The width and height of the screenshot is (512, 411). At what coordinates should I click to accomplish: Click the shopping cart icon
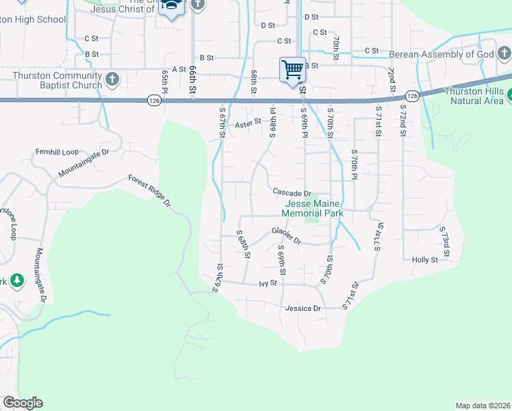coord(292,69)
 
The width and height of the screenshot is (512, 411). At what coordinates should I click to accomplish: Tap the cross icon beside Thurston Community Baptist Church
coord(113,80)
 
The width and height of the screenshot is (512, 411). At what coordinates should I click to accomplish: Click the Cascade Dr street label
coord(292,193)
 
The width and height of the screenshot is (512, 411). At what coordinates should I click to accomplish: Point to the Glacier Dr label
coord(286,235)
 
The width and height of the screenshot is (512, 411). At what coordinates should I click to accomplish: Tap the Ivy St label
coord(268,283)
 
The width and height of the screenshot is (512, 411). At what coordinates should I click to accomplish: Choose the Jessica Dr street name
coord(303,308)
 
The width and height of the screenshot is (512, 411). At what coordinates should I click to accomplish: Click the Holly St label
coord(425,260)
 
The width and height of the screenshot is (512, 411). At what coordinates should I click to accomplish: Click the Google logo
coord(23,403)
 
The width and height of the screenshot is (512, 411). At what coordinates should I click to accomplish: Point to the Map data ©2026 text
coord(482,406)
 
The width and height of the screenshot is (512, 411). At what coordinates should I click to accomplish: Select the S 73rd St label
coord(445,242)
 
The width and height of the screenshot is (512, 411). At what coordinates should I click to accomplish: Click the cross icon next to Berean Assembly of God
coord(503,54)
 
